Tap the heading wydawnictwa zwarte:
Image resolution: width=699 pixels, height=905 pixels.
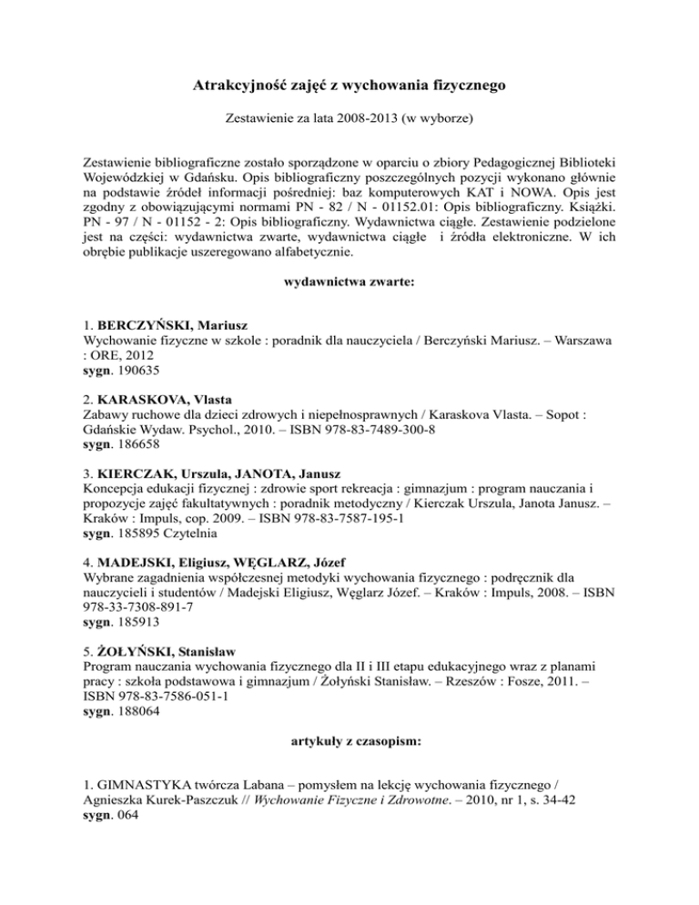tap(349, 283)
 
